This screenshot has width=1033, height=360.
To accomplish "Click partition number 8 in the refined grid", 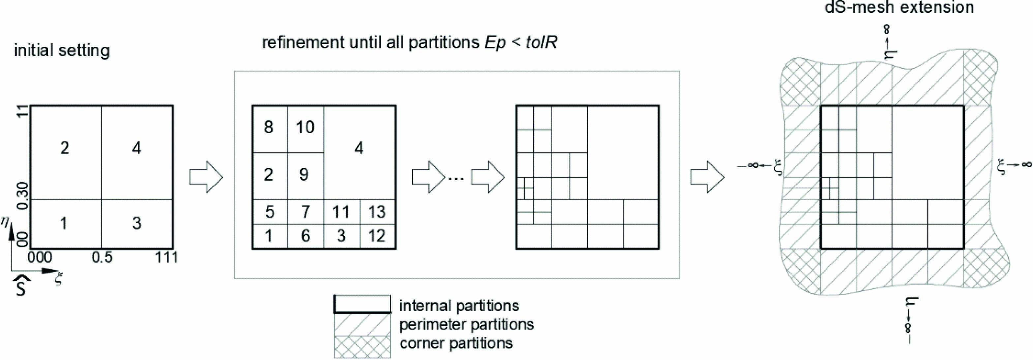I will pos(269,128).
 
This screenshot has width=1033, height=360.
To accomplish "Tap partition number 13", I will pos(377,212).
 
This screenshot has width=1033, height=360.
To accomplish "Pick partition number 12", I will pos(377,236).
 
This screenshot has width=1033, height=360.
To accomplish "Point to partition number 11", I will pos(341,212).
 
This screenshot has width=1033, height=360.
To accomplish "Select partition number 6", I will pos(306,236).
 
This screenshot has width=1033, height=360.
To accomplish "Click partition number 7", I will pos(306,212).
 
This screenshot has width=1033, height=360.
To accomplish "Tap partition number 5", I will pos(269,212).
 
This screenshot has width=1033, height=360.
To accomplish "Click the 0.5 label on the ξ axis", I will pos(102,257).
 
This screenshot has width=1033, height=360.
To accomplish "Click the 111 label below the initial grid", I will pos(167,257).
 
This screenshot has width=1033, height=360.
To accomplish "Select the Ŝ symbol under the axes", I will pos(21,286).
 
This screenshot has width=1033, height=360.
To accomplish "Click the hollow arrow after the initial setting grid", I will pos(206,177).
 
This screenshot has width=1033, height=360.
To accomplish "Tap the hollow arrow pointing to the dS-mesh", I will pos(707,177).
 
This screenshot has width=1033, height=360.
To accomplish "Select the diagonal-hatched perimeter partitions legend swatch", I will pos(362,324).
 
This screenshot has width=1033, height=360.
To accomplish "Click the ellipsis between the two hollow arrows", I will pos(456,179).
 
